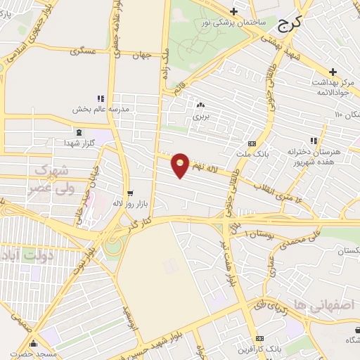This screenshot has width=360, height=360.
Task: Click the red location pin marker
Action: (181, 165)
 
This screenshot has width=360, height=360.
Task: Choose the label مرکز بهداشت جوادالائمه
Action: (332, 86)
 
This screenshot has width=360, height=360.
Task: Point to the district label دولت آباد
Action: (27, 257)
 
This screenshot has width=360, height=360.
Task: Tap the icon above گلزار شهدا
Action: (79, 131)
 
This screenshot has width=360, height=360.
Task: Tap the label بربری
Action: (202, 114)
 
